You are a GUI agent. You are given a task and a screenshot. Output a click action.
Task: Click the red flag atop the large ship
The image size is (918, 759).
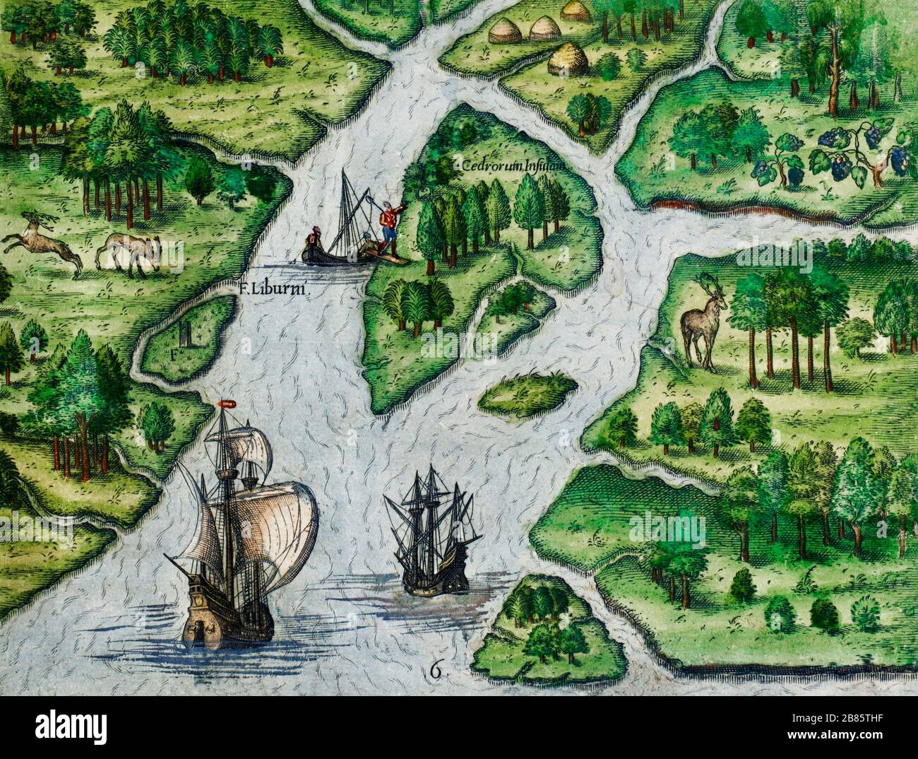[x=227, y=404]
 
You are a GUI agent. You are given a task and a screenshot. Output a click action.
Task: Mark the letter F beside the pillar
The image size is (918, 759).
[x=172, y=348]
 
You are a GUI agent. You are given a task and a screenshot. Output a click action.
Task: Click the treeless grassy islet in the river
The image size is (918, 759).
[x=527, y=393]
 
